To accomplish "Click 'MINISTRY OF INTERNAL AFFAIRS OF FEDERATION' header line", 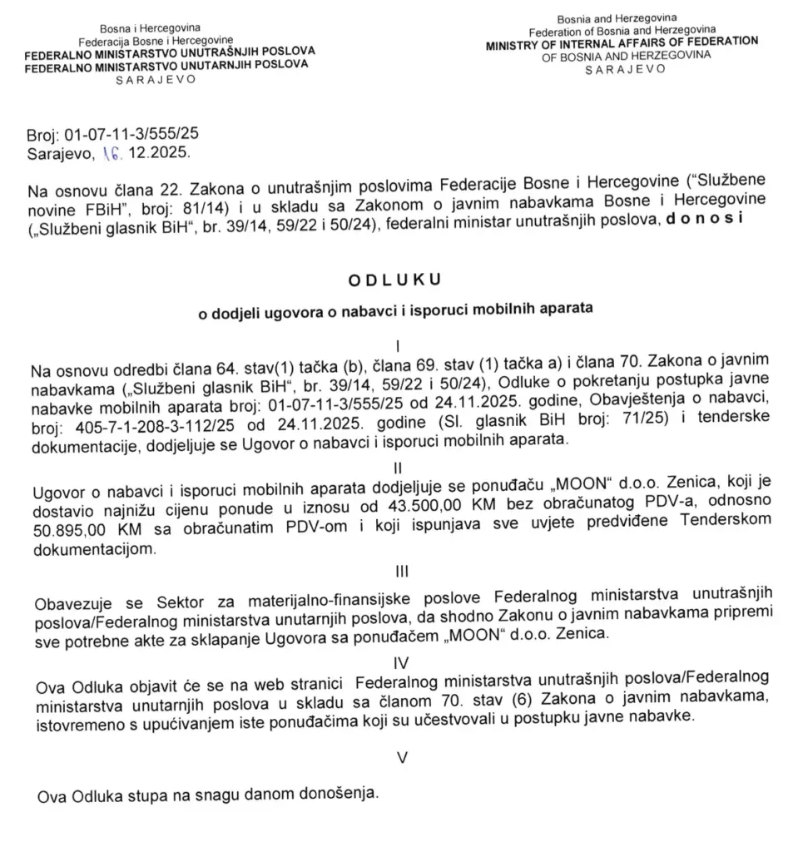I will click(x=622, y=41).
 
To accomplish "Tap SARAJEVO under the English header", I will click(x=625, y=70).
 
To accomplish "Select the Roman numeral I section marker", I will click(x=400, y=344).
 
